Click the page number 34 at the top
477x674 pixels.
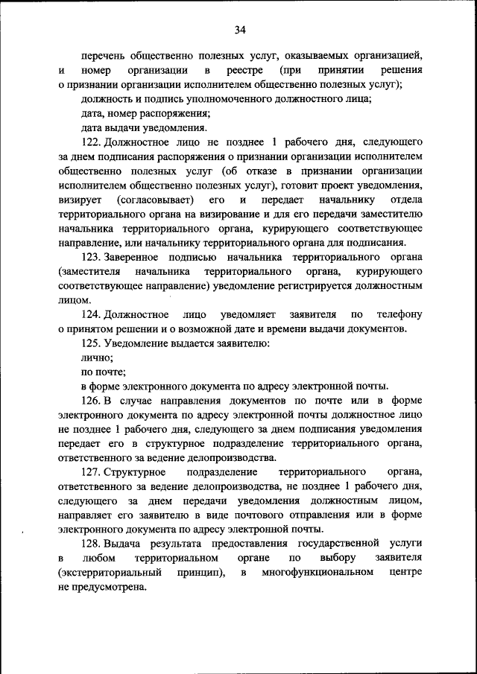click(238, 30)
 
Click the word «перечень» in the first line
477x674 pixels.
click(103, 54)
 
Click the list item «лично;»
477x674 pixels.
click(97, 357)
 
